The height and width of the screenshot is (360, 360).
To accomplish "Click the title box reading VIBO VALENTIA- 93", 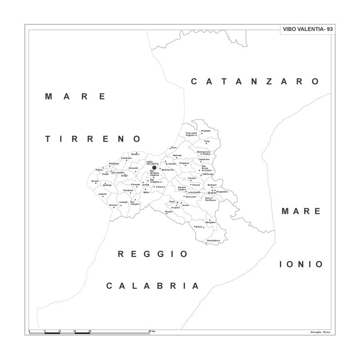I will pyautogui.click(x=307, y=29).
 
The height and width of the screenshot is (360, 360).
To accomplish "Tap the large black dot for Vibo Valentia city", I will pyautogui.click(x=154, y=168).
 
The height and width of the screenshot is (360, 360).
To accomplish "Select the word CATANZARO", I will pyautogui.click(x=255, y=81).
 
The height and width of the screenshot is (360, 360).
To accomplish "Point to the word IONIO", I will pyautogui.click(x=301, y=264).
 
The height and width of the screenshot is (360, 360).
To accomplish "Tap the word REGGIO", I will pyautogui.click(x=153, y=254).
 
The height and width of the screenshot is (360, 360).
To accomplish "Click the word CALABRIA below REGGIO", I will pyautogui.click(x=153, y=286).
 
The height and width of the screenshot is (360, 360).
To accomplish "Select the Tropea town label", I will pyautogui.click(x=99, y=170).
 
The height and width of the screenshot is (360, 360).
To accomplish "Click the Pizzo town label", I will pyautogui.click(x=174, y=148).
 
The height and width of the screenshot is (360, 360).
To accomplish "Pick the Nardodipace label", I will pyautogui.click(x=213, y=241).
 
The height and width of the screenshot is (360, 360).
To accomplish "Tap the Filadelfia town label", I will pyautogui.click(x=206, y=131).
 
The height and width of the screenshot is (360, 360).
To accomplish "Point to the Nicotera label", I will pyautogui.click(x=113, y=205).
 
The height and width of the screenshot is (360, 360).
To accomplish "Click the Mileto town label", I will pyautogui.click(x=146, y=192).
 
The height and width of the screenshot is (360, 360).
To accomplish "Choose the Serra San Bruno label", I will pyautogui.click(x=210, y=199).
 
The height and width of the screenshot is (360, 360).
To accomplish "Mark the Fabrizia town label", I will pyautogui.click(x=198, y=226).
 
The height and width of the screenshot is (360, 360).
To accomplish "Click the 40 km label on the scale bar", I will pyautogui.click(x=152, y=331).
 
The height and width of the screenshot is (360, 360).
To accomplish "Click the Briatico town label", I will pyautogui.click(x=135, y=154).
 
